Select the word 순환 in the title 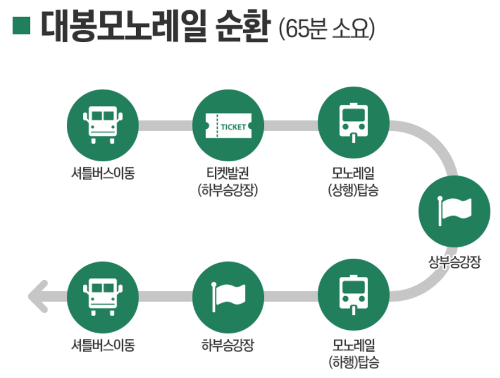pos(239,26)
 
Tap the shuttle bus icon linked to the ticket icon pos(102,125)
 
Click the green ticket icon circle pos(228,125)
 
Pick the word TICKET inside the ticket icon pos(234,127)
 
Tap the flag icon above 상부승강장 pos(454,208)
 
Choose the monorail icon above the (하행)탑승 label pos(353,293)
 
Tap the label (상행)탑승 pos(353,191)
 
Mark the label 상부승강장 pos(454,262)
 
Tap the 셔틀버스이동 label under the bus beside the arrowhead pos(102,345)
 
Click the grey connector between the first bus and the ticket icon pos(165,126)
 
